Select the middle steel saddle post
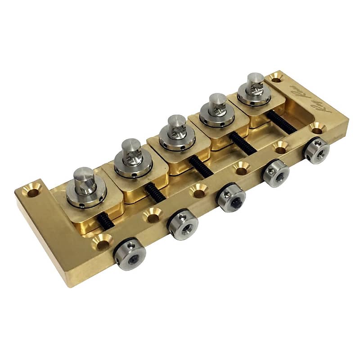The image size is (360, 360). click(175, 129)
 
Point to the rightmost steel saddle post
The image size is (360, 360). click(255, 84)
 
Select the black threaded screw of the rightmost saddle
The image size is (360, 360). click(282, 122)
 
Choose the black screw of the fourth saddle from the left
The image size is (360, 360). click(243, 142)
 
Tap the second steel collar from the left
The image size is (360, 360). click(183, 225)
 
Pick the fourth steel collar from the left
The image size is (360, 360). click(276, 173)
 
